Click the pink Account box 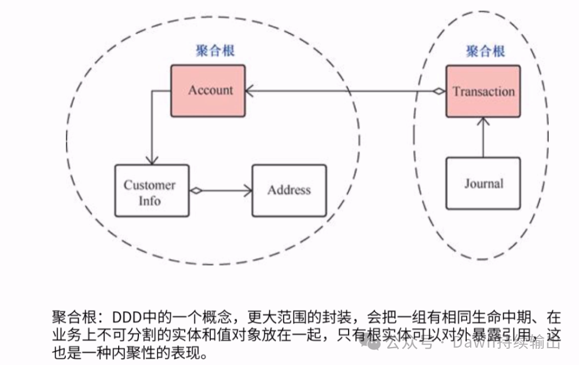207,90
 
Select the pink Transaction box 483,92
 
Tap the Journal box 483,184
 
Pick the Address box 289,190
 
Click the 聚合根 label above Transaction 485,51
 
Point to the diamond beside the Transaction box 440,91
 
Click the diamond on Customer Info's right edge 196,190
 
